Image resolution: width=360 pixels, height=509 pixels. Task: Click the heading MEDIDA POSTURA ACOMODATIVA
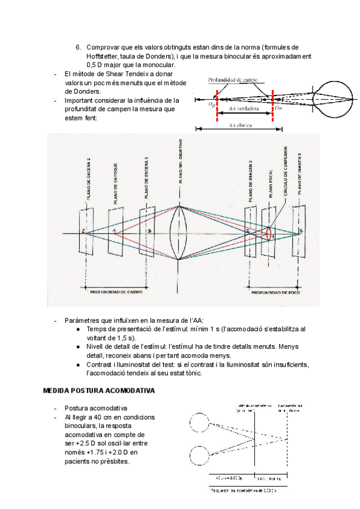click(x=99, y=390)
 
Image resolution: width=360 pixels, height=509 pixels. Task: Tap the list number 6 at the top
click(x=78, y=47)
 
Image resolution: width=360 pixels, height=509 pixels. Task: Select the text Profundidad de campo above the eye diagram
click(x=233, y=79)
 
